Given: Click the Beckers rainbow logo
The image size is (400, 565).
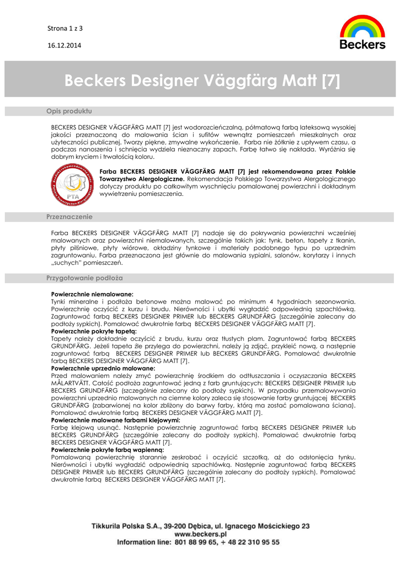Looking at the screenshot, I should click(362, 32).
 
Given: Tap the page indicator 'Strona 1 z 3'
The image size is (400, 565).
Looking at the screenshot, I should click(64, 28).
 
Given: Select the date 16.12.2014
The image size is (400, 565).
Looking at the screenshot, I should click(63, 45).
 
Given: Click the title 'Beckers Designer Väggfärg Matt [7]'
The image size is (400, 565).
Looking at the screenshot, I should click(202, 81).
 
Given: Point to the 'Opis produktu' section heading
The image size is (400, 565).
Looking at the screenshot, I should click(69, 111).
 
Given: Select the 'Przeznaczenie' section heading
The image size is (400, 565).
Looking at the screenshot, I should click(70, 217).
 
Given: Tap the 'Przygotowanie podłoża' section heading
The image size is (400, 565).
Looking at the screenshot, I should click(84, 278).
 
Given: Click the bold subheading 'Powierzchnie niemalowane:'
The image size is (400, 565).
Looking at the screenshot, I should click(92, 295).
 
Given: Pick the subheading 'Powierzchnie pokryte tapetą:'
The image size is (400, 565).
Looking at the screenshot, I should click(94, 331).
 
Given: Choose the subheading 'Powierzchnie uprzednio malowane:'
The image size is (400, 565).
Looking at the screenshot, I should click(103, 367).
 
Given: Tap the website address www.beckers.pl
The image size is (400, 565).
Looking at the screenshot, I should click(200, 534).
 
